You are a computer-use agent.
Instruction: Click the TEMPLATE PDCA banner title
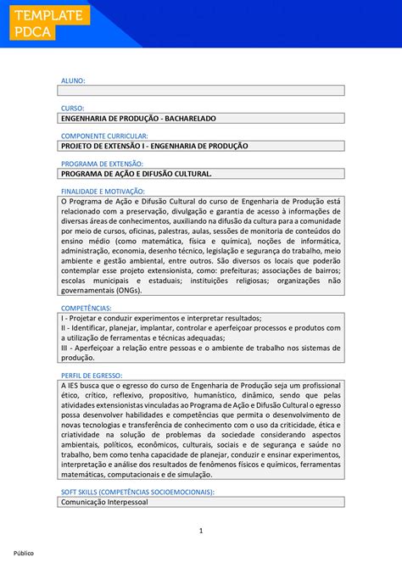[x=47, y=23]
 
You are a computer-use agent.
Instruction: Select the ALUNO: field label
[x=73, y=81]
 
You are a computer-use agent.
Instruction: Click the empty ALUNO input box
[x=201, y=90]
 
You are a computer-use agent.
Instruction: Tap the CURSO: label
[x=73, y=109]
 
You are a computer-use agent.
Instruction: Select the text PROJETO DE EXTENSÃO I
[x=105, y=146]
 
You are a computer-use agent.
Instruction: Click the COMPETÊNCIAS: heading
[x=87, y=308]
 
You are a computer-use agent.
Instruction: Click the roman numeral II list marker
[x=64, y=327]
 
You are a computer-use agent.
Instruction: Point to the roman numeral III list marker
[x=65, y=348]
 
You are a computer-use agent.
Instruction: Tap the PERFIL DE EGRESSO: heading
[x=92, y=375]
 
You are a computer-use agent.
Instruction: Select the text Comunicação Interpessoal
[x=103, y=502]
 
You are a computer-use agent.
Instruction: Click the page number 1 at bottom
[x=201, y=531]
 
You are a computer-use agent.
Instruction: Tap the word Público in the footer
[x=23, y=553]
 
